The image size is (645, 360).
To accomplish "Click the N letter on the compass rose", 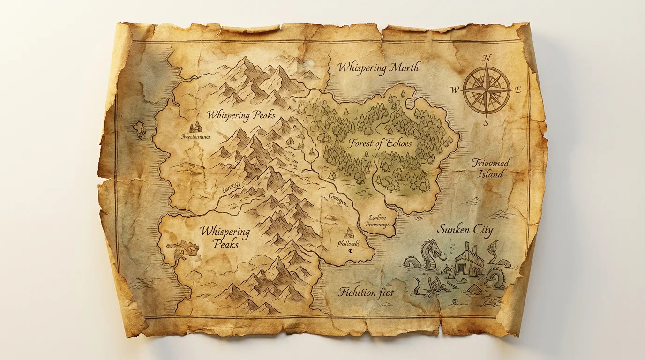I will click(487, 58).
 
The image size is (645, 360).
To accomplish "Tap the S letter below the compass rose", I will click(486, 123).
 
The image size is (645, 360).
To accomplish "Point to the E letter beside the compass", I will click(518, 91).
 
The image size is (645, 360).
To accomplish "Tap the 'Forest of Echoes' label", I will click(379, 143).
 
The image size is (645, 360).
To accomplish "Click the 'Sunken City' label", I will click(465, 230).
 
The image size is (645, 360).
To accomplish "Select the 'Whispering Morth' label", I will click(378, 67).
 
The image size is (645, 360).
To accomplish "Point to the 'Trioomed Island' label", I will click(492, 168).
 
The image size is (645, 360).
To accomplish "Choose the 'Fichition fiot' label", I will click(366, 293).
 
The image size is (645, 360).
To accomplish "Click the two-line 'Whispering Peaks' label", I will click(225, 238).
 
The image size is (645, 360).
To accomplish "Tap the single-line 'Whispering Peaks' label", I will click(241, 115).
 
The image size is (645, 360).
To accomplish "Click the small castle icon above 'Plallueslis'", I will click(349, 232).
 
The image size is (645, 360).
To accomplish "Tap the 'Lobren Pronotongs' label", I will click(376, 220).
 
